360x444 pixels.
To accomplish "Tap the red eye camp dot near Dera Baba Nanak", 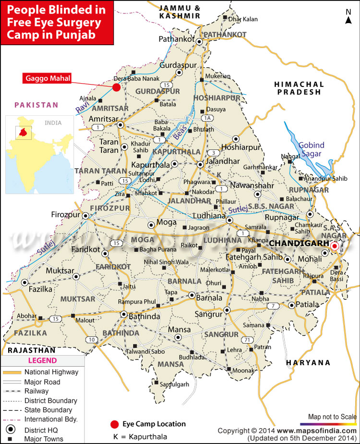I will coord(116,87).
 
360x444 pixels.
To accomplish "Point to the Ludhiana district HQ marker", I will coord(230,220).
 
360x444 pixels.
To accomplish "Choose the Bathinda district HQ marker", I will coord(123,315).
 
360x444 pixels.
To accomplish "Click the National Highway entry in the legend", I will coord(51,372).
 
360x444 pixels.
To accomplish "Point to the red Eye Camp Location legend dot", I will coord(114,424).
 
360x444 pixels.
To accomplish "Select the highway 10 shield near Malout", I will coord(91,340).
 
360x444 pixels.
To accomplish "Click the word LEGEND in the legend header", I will coord(42,360).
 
